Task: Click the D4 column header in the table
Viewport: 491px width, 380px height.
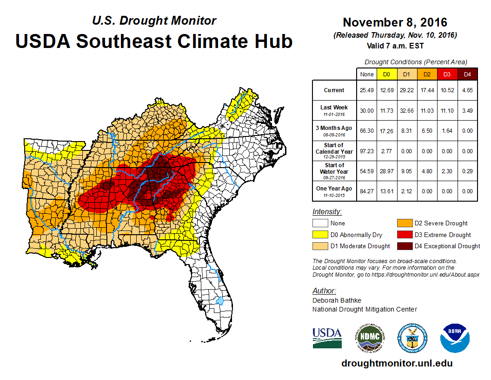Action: (468, 74)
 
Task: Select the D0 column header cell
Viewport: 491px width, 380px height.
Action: (386, 74)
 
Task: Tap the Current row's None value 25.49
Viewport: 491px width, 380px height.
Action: (366, 90)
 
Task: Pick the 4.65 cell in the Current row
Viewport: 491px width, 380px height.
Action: (468, 90)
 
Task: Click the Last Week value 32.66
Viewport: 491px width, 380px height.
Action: (407, 110)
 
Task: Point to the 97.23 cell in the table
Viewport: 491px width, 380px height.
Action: (366, 151)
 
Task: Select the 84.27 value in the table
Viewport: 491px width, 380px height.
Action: (366, 190)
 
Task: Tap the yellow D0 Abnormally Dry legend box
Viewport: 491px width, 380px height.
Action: (320, 235)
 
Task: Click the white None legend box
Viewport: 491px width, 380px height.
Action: (320, 223)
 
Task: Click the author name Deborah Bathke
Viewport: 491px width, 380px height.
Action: (337, 300)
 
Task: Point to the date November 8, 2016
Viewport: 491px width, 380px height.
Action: (395, 22)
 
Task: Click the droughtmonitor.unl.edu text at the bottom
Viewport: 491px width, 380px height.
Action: (397, 363)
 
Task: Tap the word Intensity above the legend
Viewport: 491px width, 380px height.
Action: (327, 212)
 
